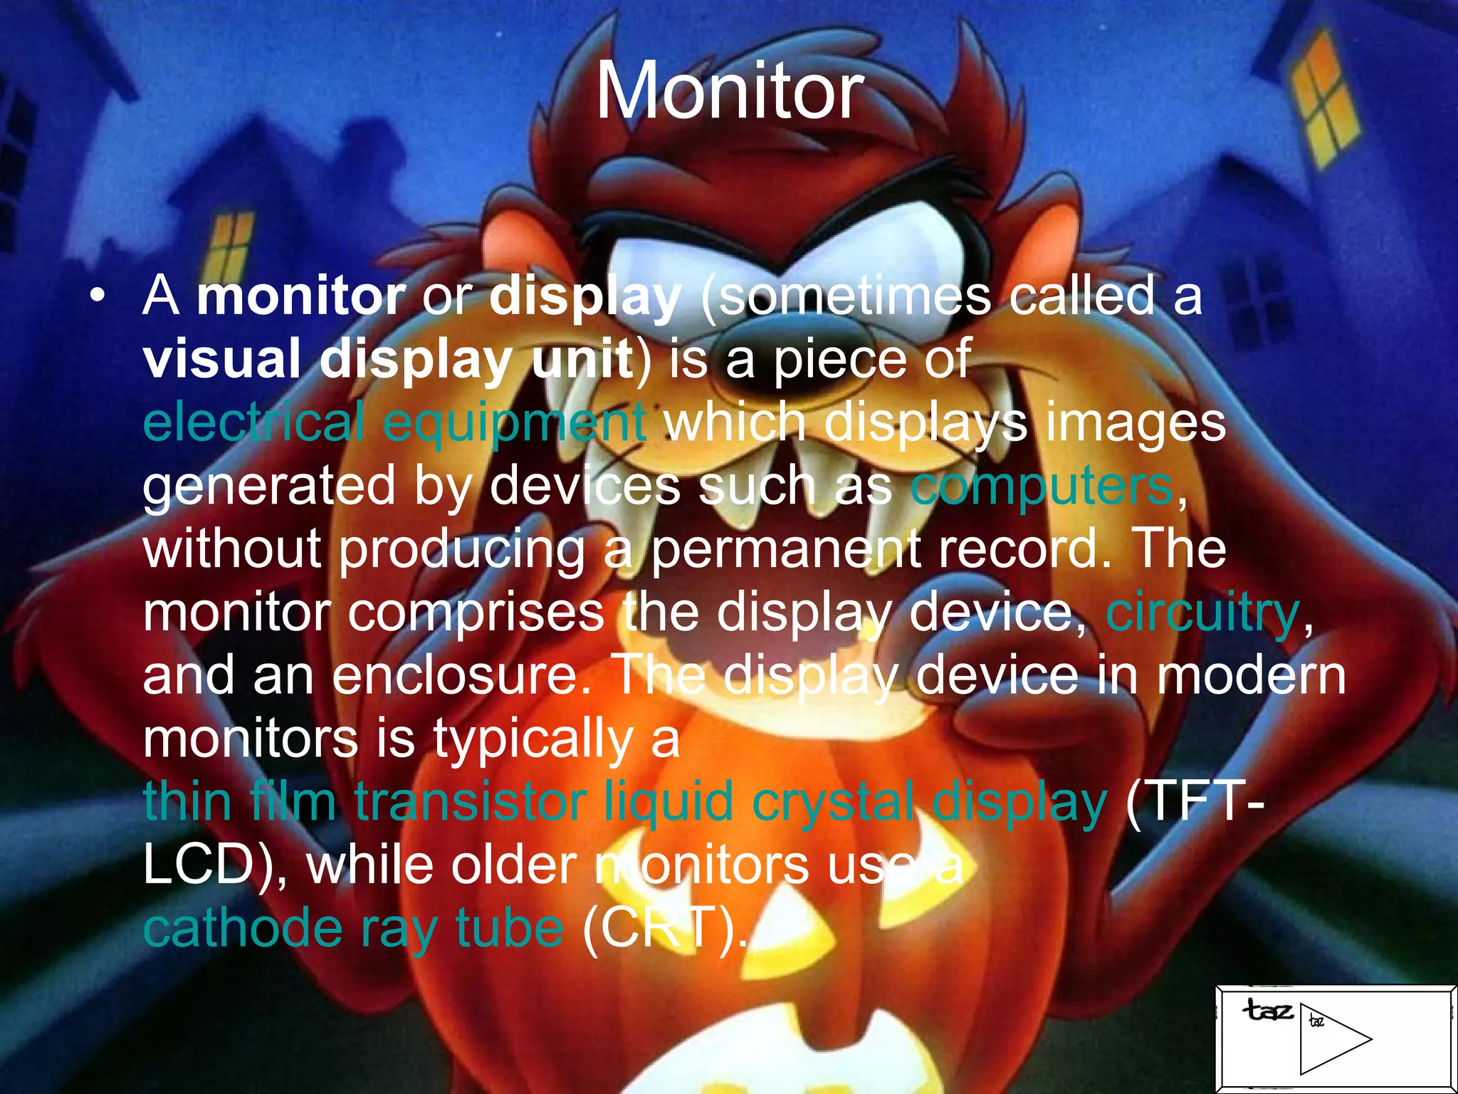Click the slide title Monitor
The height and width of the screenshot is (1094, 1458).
coord(729,91)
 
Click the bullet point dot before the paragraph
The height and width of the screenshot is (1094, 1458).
coord(98,296)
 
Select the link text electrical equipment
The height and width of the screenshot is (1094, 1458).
coord(394,422)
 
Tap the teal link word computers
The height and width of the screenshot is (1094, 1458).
coord(1042,487)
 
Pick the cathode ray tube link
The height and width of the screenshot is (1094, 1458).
coord(353,928)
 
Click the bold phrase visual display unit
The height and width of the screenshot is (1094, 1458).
coord(388,359)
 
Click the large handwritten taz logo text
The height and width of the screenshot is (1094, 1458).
coord(1267,1010)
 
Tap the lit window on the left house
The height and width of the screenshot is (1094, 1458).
coord(231,242)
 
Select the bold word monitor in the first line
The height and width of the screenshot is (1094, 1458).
coord(300,296)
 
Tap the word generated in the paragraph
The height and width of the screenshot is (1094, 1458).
coord(268,487)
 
